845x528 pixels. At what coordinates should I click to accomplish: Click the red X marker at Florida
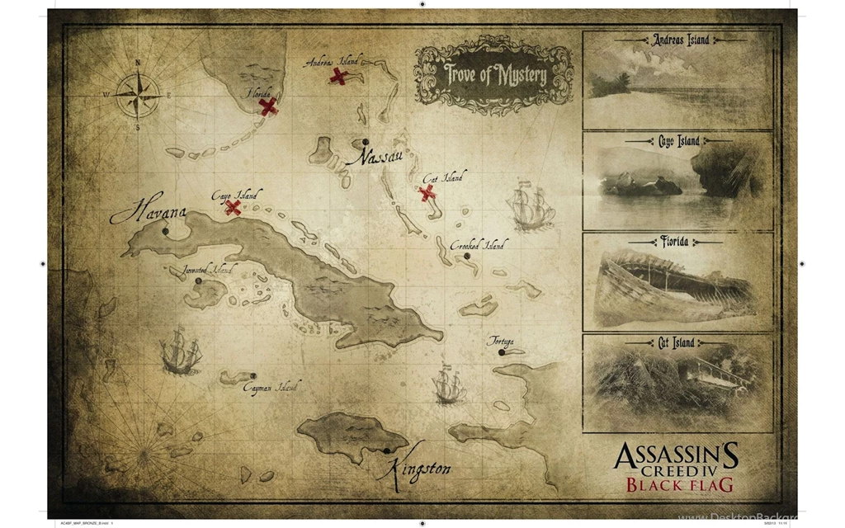pos(267,106)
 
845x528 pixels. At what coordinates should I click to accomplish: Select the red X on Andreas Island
pos(338,76)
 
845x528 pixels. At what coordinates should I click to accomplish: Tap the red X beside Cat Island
pos(427,193)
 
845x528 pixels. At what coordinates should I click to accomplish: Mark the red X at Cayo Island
pos(234,207)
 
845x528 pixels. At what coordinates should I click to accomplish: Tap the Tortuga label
pos(500,341)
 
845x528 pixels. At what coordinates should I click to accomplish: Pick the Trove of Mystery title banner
pos(495,74)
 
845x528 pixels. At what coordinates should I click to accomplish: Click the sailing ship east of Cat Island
pos(531,206)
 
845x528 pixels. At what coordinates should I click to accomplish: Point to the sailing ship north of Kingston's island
pos(449,384)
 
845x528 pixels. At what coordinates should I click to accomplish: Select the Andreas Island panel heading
pos(680,40)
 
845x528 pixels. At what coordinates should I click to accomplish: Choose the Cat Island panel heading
pos(677,342)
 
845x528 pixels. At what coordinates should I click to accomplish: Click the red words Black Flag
pos(679,485)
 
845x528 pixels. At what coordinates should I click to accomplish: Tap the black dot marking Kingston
pos(386,450)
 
